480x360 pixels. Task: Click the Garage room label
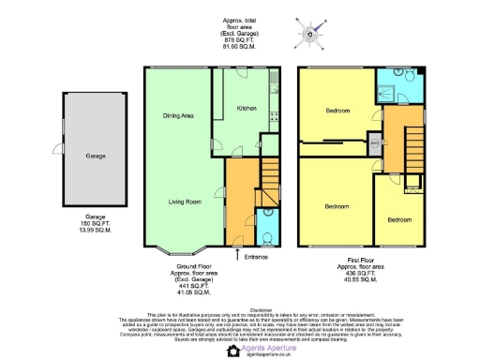point(95,156)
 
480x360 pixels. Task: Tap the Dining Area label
point(178,115)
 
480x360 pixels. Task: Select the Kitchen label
point(247,109)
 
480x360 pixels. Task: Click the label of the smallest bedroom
point(398,220)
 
